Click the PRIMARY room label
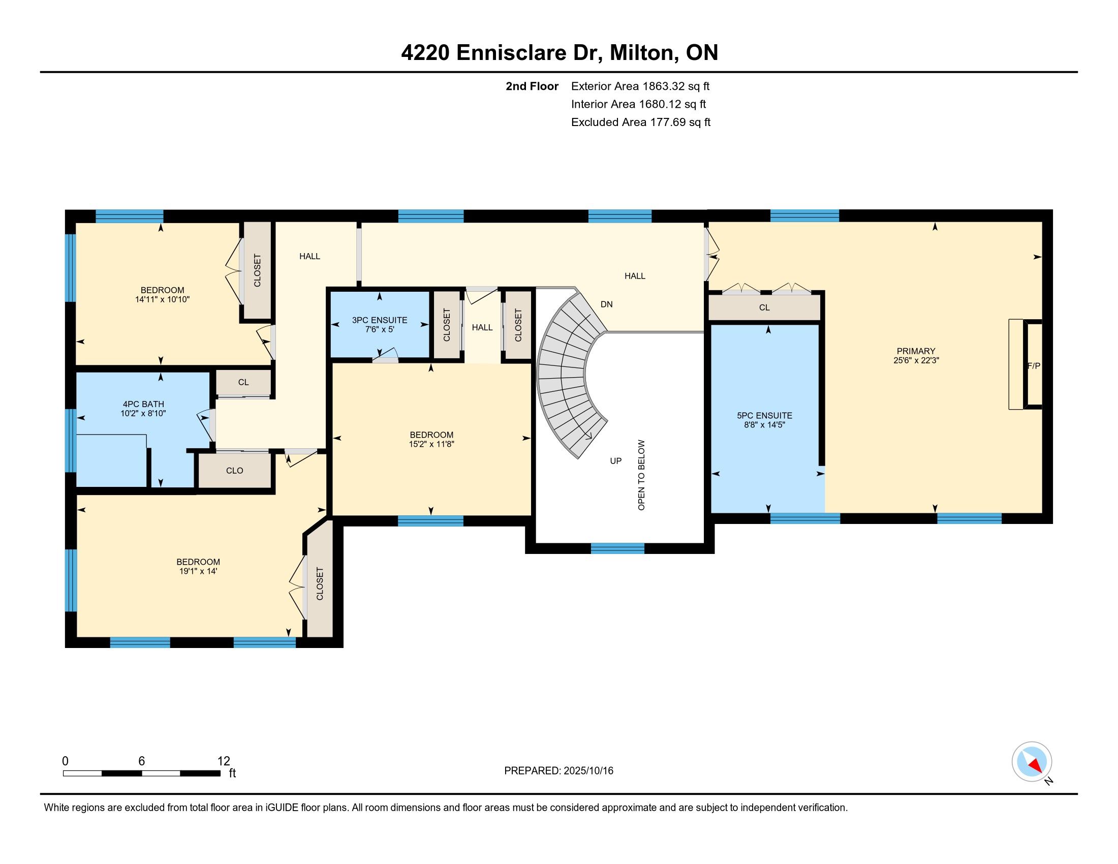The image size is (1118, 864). (x=916, y=351)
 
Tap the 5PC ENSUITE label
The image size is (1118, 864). (x=764, y=416)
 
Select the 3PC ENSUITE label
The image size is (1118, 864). (x=379, y=320)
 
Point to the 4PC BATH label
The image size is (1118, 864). (x=143, y=405)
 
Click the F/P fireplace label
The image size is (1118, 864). (x=1034, y=366)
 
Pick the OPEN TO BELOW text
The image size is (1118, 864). (x=641, y=475)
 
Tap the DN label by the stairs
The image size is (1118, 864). (x=607, y=304)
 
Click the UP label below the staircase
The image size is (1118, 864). (x=616, y=460)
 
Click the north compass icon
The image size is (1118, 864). (x=1032, y=762)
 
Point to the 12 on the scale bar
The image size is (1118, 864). (x=224, y=761)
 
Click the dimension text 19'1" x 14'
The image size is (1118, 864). (x=198, y=571)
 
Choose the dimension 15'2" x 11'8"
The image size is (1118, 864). (x=431, y=444)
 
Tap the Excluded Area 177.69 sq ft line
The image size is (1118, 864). (x=641, y=122)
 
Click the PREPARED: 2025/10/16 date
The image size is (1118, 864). (x=558, y=771)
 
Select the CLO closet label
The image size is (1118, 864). (x=234, y=471)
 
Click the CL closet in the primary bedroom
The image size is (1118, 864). (x=764, y=307)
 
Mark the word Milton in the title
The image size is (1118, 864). (x=642, y=53)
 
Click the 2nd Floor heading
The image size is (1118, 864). (x=532, y=86)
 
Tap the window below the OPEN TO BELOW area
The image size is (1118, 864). (x=617, y=548)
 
